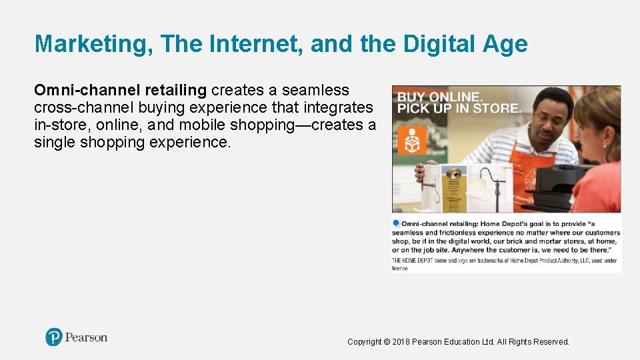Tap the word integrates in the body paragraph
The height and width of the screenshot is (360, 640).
338,107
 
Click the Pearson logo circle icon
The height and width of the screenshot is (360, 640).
54,337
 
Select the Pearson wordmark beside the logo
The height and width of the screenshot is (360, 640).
86,337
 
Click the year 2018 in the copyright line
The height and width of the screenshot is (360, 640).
401,342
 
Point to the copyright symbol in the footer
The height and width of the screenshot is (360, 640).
387,342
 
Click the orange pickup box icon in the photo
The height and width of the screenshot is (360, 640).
408,142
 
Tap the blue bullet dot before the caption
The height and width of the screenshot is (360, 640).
396,223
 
